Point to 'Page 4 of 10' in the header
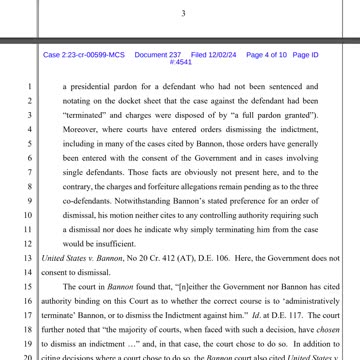coord(265,54)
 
